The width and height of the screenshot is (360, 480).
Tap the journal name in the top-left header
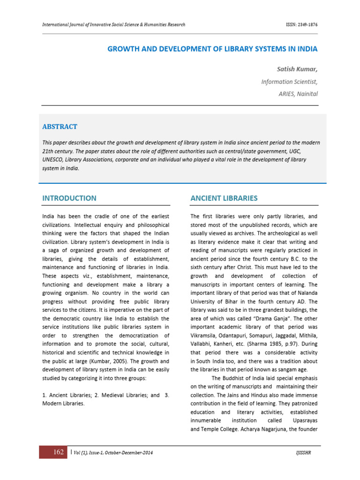pyautogui.click(x=113, y=24)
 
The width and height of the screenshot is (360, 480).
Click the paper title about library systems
pyautogui.click(x=212, y=49)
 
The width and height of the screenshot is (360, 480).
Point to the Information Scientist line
pyautogui.click(x=289, y=82)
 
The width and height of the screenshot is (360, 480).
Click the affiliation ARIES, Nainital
pyautogui.click(x=298, y=94)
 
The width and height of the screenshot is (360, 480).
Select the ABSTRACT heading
pyautogui.click(x=60, y=127)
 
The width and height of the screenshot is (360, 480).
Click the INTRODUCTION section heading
pyautogui.click(x=69, y=198)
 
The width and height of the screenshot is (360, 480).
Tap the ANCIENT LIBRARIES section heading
pyautogui.click(x=224, y=198)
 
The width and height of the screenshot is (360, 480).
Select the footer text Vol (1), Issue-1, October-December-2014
pyautogui.click(x=112, y=453)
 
